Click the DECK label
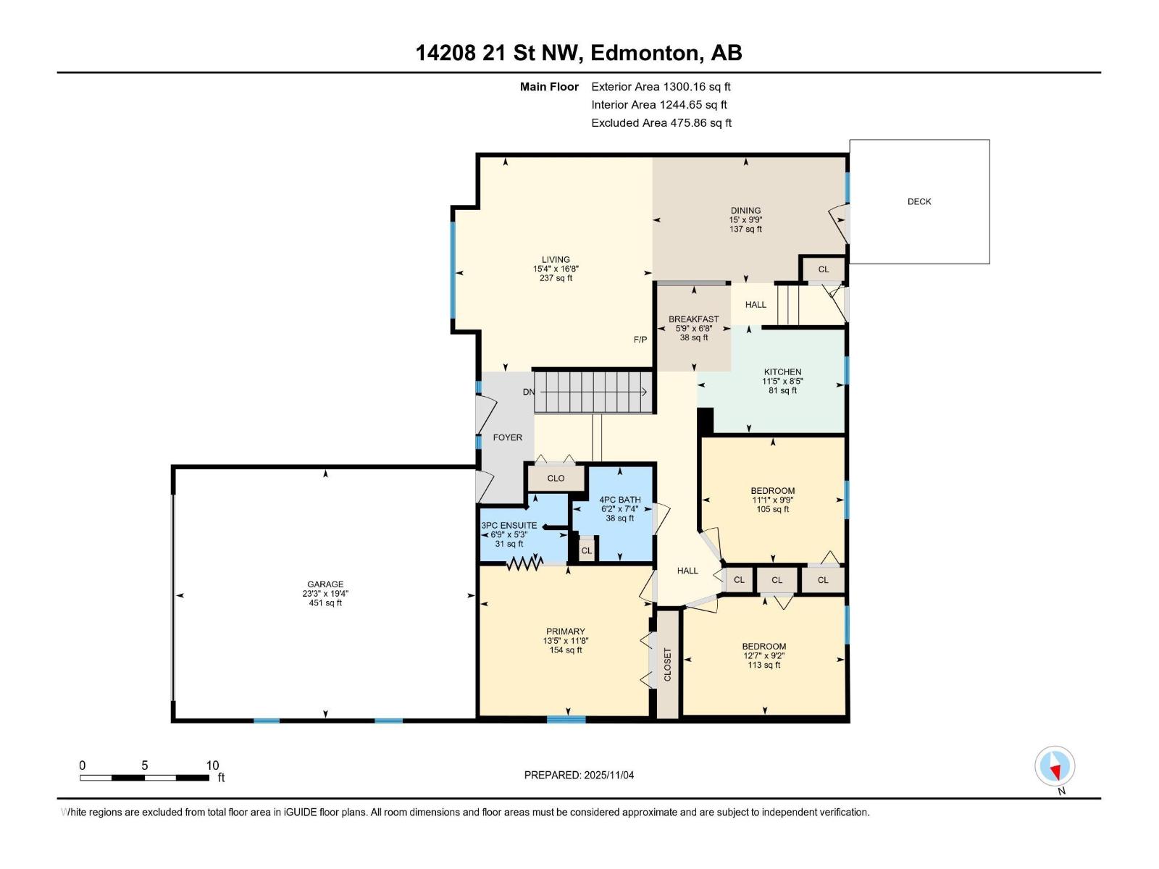(x=919, y=201)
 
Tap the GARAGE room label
(x=325, y=584)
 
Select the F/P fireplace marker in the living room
(x=640, y=339)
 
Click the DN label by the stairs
(x=529, y=392)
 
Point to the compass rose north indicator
(x=1055, y=767)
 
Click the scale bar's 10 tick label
(x=212, y=765)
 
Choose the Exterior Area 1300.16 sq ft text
(x=661, y=86)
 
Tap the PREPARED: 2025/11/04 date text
(x=579, y=775)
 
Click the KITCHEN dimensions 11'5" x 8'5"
(x=782, y=381)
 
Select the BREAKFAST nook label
(x=693, y=319)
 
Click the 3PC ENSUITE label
(x=509, y=526)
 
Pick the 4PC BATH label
(x=620, y=500)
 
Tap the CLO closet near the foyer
(x=556, y=478)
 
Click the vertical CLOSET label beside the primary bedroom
(x=667, y=664)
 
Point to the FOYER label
(x=507, y=437)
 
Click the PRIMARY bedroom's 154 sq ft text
(x=566, y=650)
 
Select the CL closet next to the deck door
(x=823, y=269)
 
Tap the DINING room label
(x=745, y=211)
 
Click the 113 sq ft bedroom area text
(x=763, y=665)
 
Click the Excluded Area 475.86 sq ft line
(x=661, y=122)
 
